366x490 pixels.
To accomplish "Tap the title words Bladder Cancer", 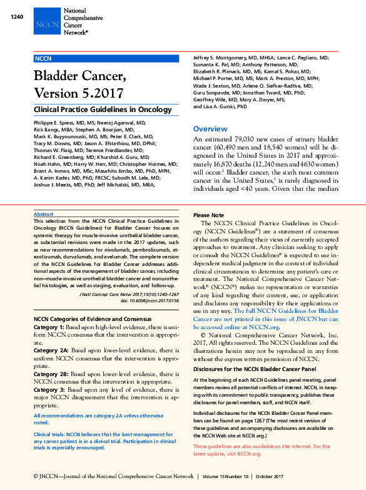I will coord(79,78).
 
